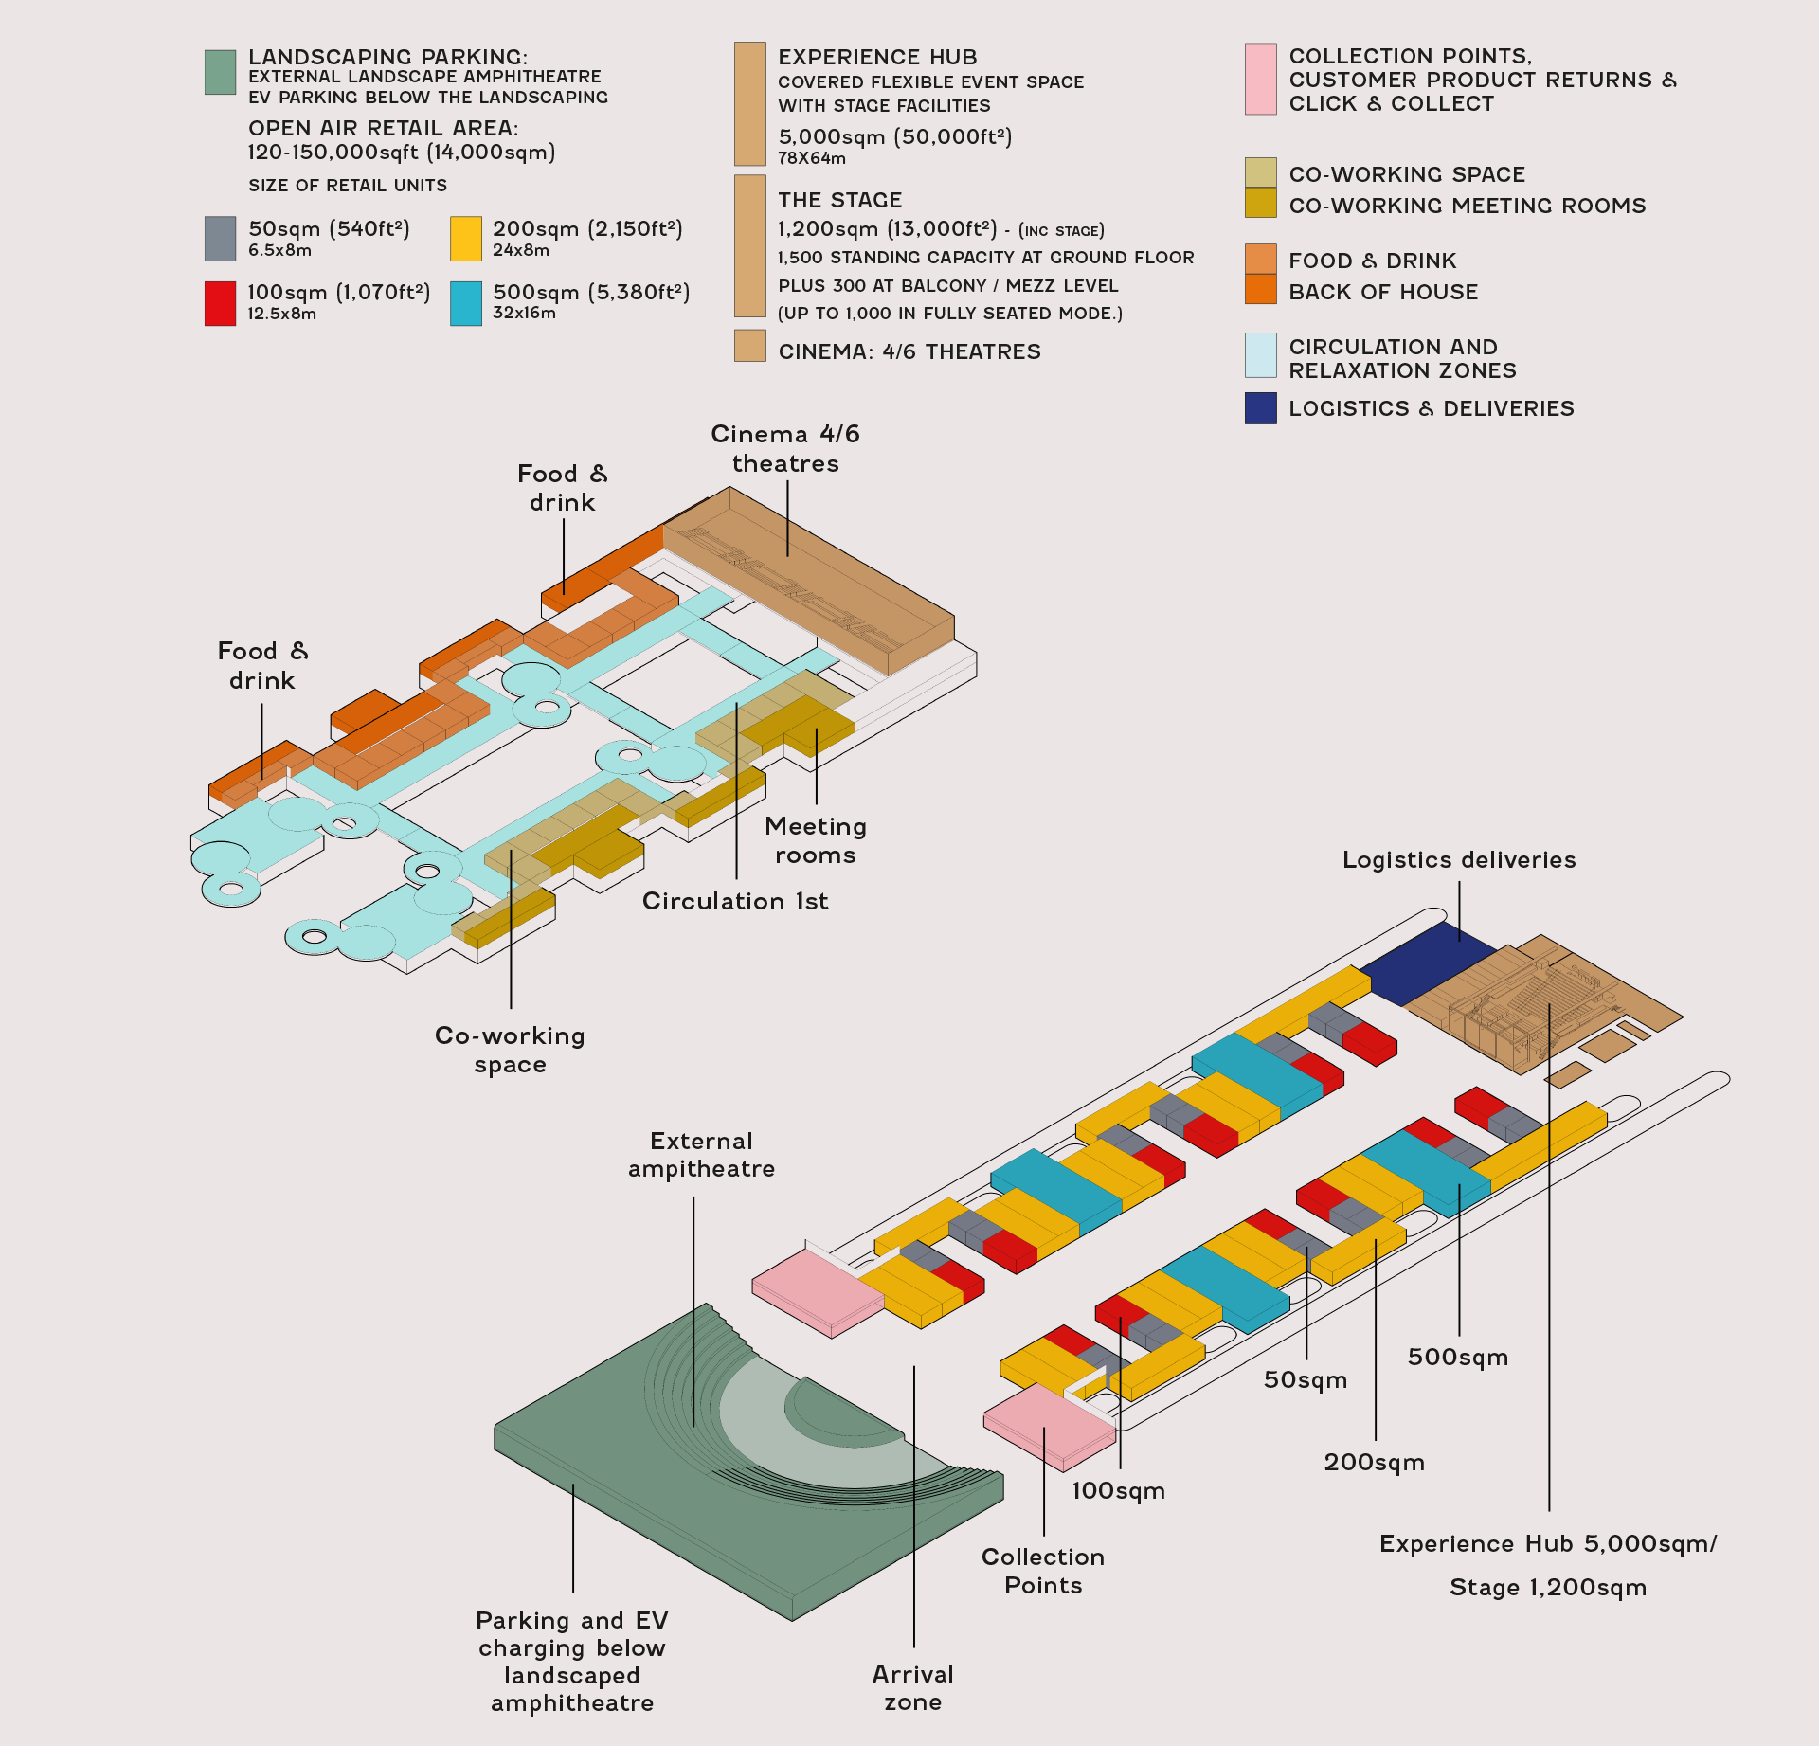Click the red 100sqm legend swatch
click(x=220, y=303)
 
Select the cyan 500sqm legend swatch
click(x=466, y=303)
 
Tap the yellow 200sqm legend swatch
click(x=466, y=239)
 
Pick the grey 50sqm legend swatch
click(x=220, y=239)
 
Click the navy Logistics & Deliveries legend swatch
click(x=1261, y=408)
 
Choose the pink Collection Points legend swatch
click(x=1261, y=79)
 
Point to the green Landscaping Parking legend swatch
click(x=220, y=72)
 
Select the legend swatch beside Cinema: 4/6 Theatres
click(x=750, y=346)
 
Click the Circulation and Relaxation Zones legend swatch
click(x=1261, y=355)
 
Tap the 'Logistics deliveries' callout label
click(x=1459, y=860)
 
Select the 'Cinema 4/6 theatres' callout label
click(x=785, y=449)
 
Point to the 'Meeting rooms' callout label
click(x=816, y=840)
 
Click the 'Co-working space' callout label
click(x=510, y=1050)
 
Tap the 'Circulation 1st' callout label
click(x=735, y=901)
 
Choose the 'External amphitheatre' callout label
click(x=701, y=1155)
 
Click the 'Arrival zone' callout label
click(x=913, y=1688)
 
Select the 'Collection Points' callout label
click(x=1043, y=1571)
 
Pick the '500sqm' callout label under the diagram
click(x=1458, y=1357)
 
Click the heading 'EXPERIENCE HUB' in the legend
click(x=877, y=57)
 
